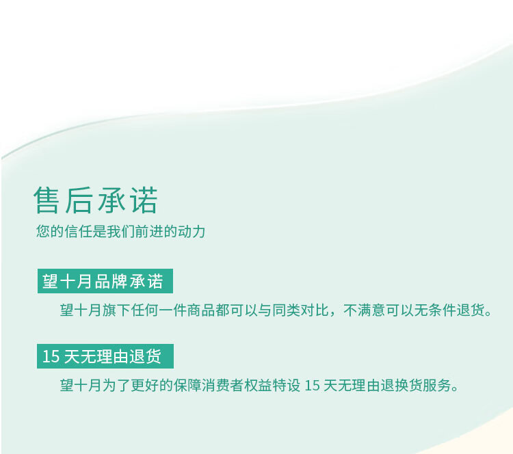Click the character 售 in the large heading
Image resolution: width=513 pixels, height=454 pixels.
pos(47,200)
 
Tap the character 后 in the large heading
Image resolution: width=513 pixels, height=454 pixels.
pos(78,200)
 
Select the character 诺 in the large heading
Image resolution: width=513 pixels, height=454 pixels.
pos(144,200)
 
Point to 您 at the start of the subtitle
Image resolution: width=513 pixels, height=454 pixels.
pos(43,231)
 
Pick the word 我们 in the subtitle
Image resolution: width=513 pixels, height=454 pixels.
pos(120,231)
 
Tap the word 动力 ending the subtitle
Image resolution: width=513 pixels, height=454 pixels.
pos(192,231)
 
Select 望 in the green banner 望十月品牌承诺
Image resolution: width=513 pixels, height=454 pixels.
pos(50,281)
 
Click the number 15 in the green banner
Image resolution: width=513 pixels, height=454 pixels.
pos(51,356)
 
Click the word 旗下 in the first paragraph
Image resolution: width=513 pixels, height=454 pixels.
pos(116,310)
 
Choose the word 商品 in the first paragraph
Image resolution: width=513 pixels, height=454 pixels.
pos(202,310)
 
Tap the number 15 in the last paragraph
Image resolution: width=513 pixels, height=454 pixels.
pos(312,386)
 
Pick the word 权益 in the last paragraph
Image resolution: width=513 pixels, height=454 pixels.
pos(259,386)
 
